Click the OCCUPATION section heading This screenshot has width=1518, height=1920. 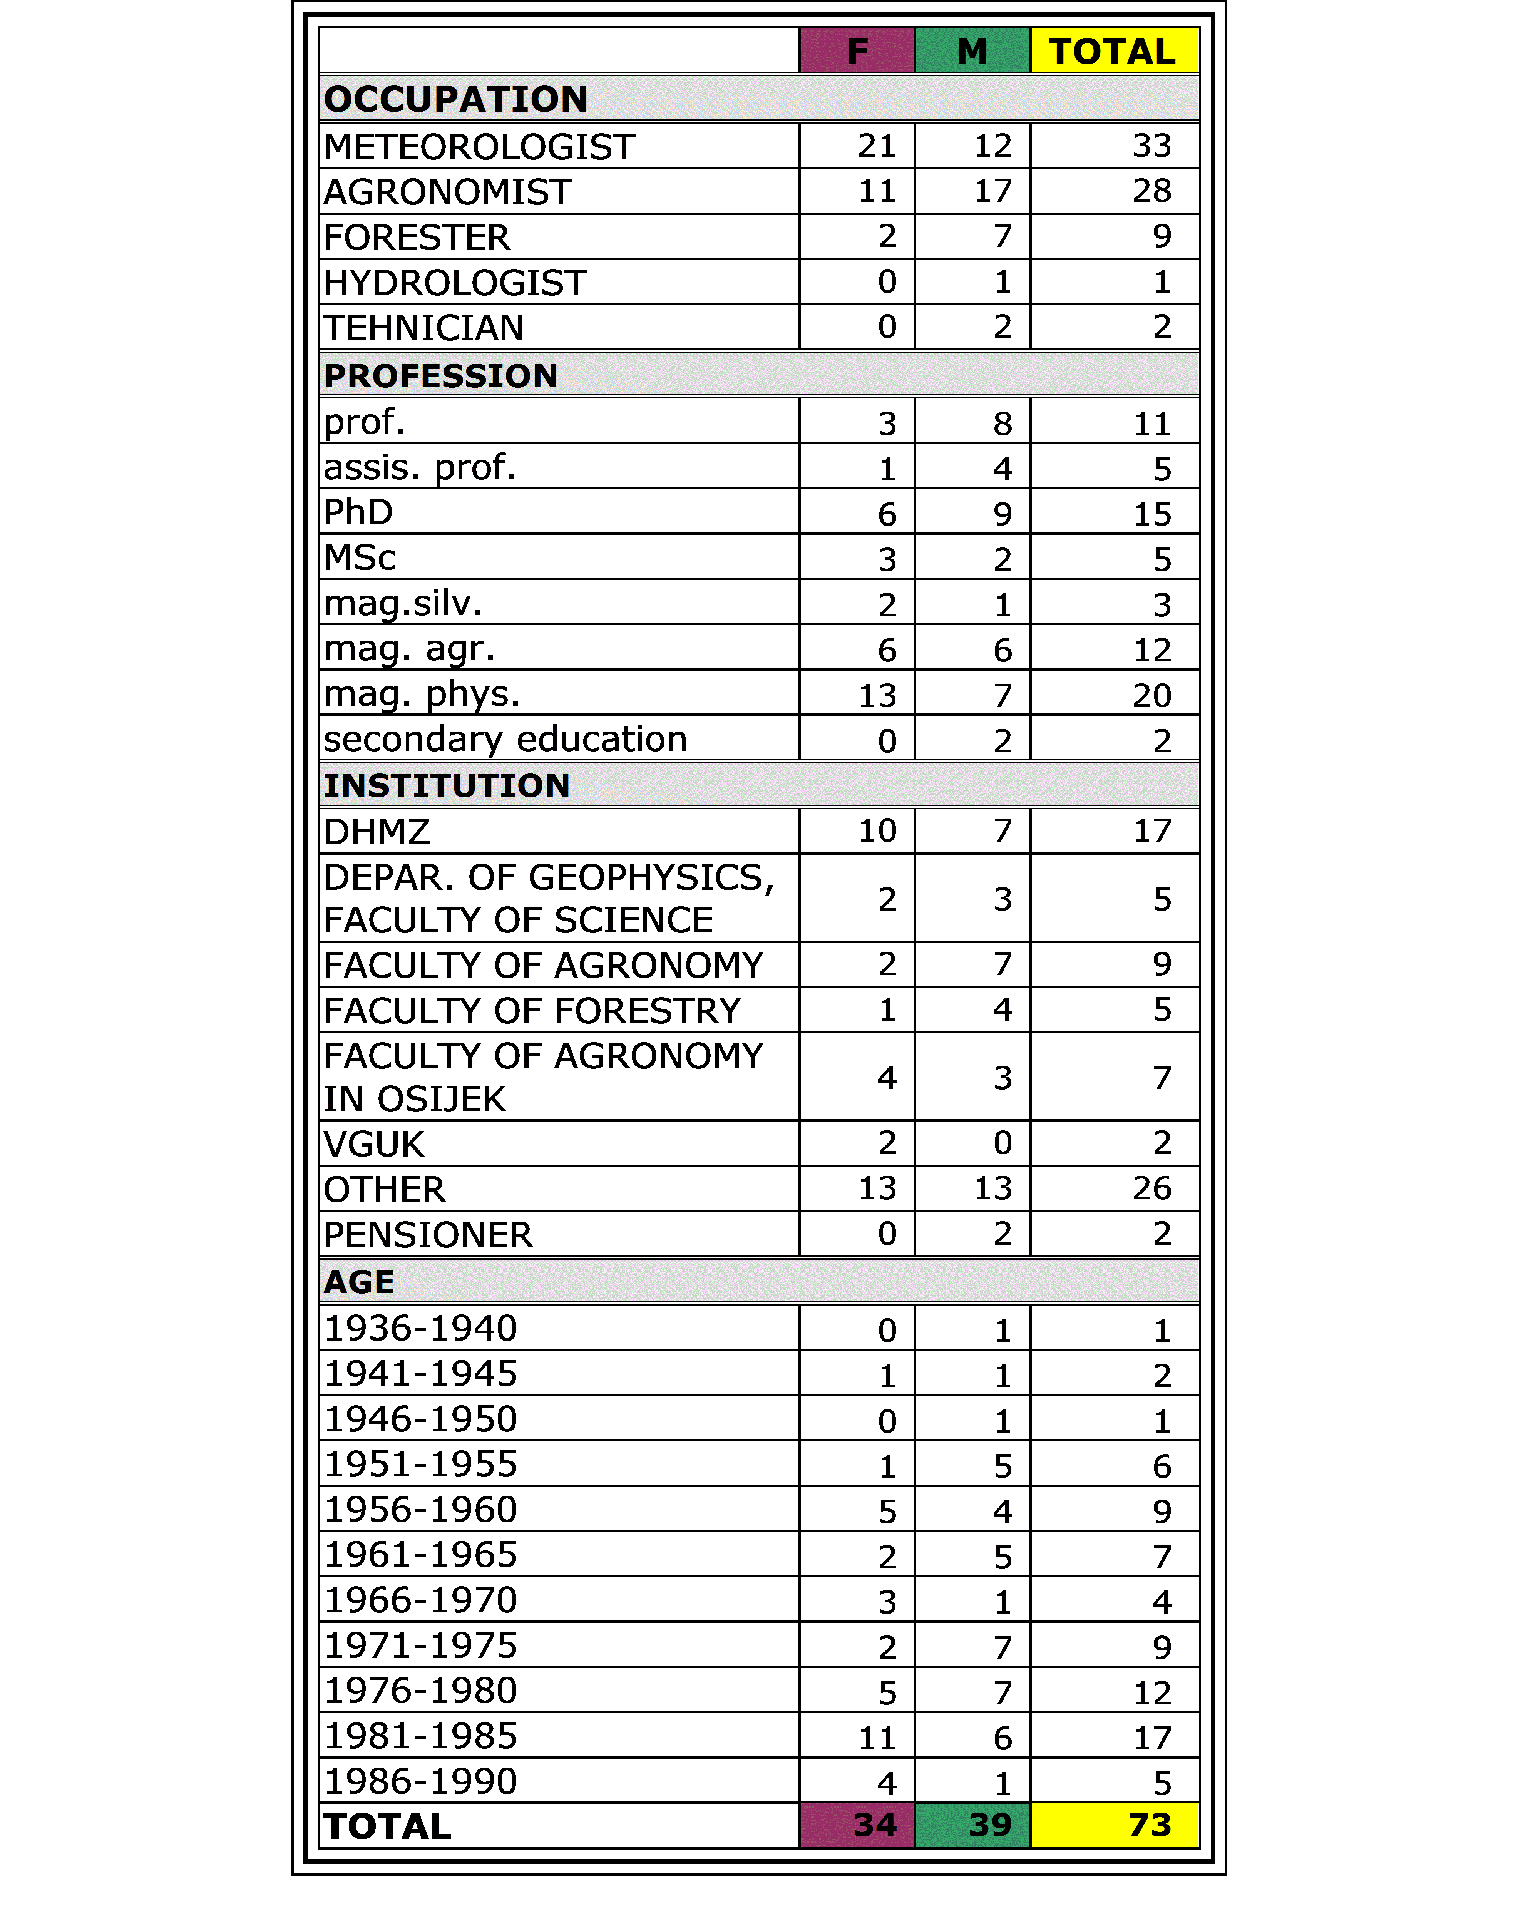tap(456, 99)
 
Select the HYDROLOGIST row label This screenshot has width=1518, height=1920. tap(455, 283)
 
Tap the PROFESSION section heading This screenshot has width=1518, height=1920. tap(441, 375)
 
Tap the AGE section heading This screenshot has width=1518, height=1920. tap(359, 1282)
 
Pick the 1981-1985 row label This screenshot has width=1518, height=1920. tap(420, 1736)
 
